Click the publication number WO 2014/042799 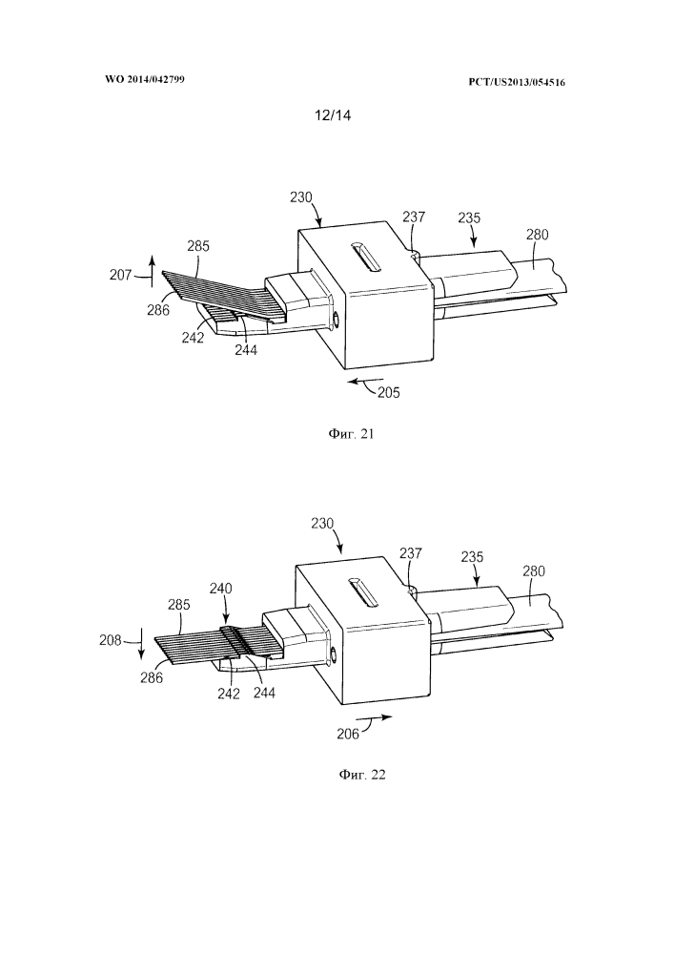coord(145,80)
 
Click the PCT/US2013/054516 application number coord(517,82)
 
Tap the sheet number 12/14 coord(333,115)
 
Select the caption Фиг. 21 coord(351,434)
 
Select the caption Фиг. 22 coord(362,775)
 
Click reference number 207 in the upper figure coord(120,275)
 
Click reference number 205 coord(389,392)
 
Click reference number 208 coord(111,640)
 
